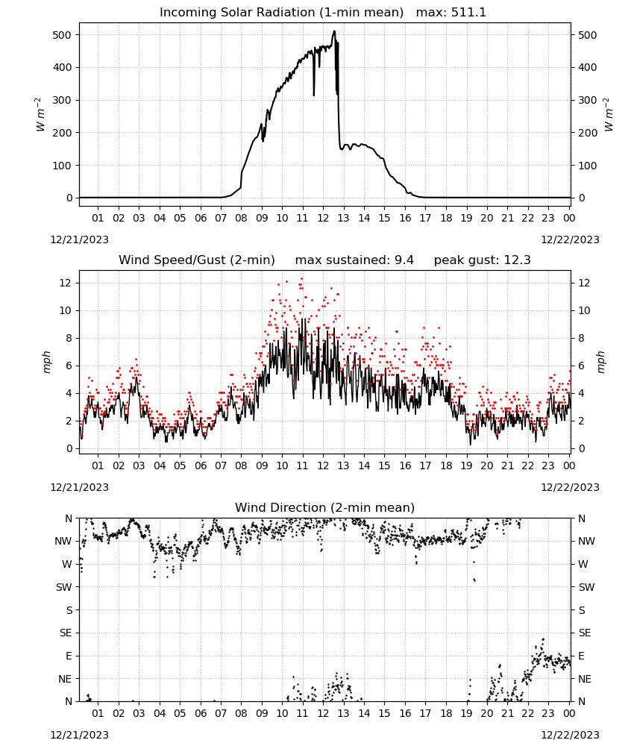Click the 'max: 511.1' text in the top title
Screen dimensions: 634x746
point(451,13)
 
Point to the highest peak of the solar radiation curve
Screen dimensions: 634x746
point(334,31)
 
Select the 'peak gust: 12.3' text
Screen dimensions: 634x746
point(482,260)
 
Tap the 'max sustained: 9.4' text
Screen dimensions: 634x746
point(354,260)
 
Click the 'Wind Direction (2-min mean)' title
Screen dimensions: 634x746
point(325,507)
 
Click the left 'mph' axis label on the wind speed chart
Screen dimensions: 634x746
point(46,362)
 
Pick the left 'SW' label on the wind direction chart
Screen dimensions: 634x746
point(64,587)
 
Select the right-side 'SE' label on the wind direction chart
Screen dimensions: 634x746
point(585,633)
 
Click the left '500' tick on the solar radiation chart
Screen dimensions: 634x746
point(63,35)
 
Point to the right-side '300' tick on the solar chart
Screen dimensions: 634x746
point(588,101)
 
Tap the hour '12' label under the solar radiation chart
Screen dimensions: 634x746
point(323,218)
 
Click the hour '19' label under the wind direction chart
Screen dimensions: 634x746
point(466,713)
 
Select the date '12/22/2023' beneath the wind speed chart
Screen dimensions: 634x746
point(570,487)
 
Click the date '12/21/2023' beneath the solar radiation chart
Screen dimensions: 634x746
point(79,239)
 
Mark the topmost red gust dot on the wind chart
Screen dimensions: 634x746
point(301,278)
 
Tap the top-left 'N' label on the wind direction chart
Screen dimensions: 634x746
point(69,518)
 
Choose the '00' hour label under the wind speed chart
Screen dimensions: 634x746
point(569,466)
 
